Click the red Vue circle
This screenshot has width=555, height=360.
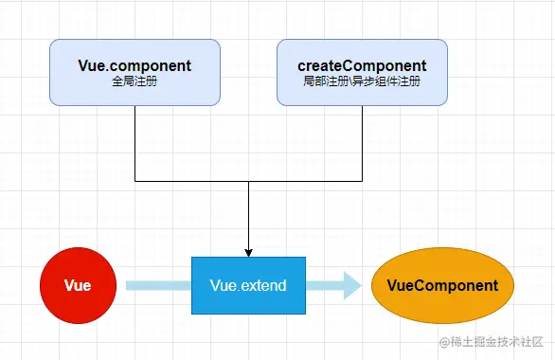[78, 285]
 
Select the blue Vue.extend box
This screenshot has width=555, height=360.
[247, 285]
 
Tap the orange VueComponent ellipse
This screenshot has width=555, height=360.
[442, 285]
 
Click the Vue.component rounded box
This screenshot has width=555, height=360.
[134, 72]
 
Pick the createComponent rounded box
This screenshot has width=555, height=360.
[362, 72]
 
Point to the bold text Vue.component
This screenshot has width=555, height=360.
[134, 66]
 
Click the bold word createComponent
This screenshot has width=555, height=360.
[362, 66]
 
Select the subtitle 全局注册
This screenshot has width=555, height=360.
[134, 82]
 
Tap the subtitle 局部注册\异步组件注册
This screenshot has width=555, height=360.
[362, 82]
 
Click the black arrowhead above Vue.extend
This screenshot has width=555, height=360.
[248, 252]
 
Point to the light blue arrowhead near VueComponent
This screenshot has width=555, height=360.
[352, 285]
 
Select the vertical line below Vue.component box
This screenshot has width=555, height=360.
[135, 142]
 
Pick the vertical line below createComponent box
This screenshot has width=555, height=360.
[362, 142]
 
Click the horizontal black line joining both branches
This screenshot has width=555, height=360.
[248, 180]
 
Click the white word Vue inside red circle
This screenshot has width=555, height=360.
[78, 285]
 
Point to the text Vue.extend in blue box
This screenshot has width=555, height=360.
[247, 285]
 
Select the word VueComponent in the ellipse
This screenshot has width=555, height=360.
[442, 285]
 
